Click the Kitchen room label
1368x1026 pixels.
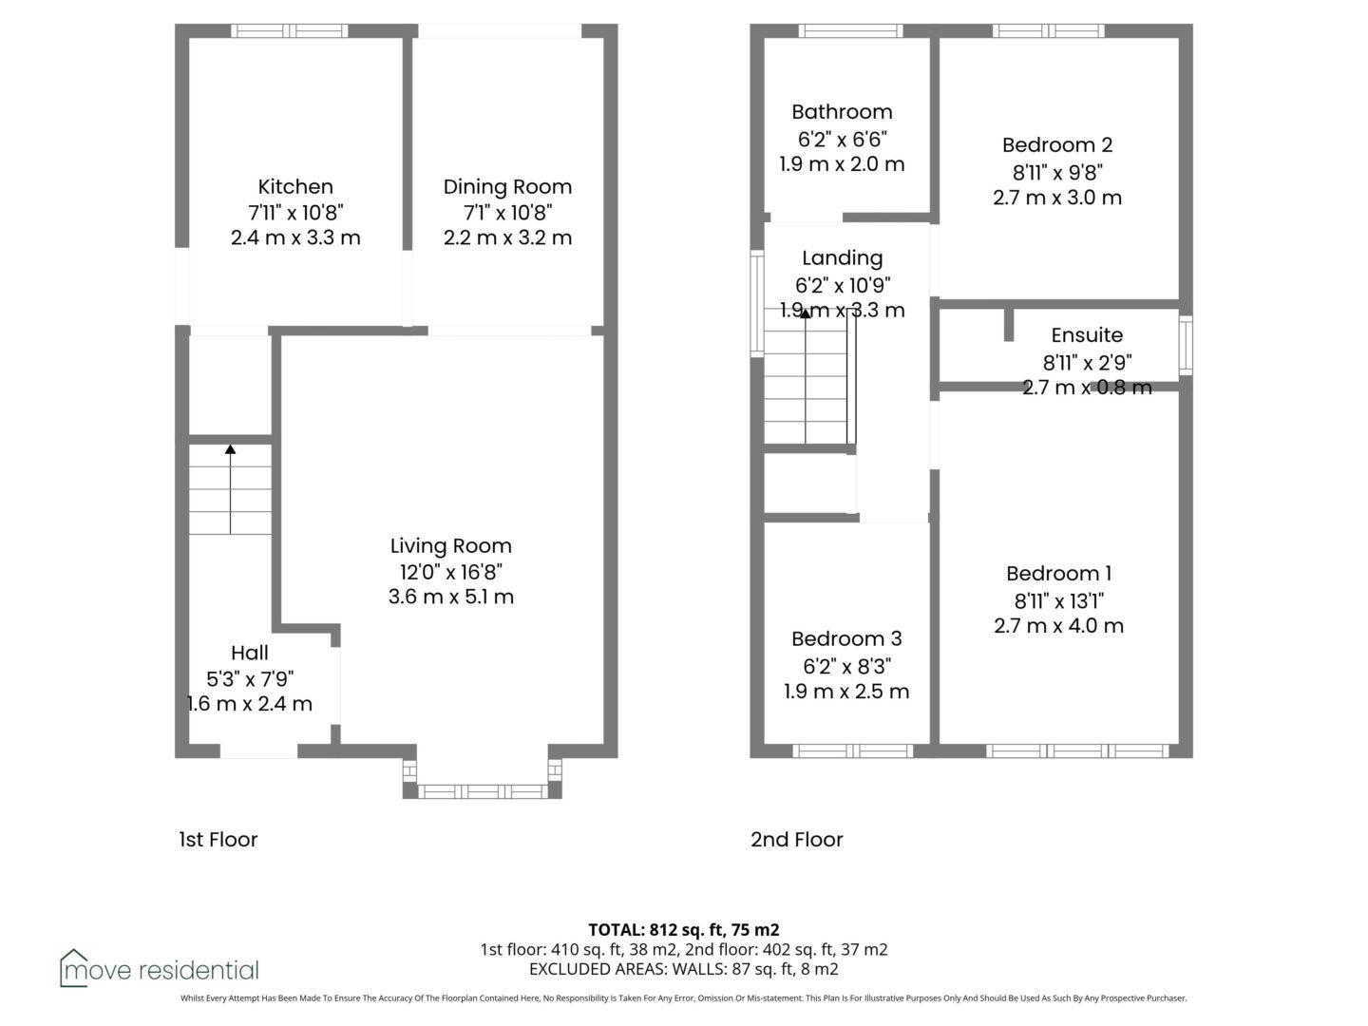point(295,186)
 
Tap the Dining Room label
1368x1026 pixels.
point(507,187)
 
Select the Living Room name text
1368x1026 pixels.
point(450,545)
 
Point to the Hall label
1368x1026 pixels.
point(249,653)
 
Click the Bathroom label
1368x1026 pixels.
point(842,111)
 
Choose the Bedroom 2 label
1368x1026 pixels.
point(1057,144)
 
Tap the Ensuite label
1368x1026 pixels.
point(1087,334)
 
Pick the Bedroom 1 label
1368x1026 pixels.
point(1059,573)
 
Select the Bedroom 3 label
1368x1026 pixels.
point(846,638)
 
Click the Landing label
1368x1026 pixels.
point(842,257)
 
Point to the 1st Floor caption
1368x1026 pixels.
point(218,839)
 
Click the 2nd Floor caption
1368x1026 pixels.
point(796,839)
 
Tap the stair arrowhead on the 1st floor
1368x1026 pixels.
point(231,448)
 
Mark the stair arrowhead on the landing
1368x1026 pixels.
point(806,313)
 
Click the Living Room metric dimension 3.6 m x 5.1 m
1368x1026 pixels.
point(450,597)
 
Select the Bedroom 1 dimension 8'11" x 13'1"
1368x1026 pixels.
point(1059,600)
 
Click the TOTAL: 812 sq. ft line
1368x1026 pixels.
point(684,929)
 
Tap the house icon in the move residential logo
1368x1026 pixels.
point(73,967)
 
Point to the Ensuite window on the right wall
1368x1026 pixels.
point(1186,345)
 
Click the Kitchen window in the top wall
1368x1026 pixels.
point(289,30)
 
